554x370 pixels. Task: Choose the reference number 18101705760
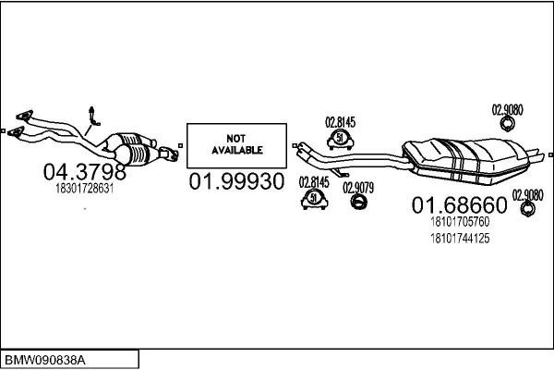point(459,222)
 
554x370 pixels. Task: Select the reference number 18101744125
point(459,239)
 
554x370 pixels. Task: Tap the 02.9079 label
point(358,186)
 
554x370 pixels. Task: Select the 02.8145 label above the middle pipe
point(340,120)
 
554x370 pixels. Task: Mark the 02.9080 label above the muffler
point(507,109)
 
